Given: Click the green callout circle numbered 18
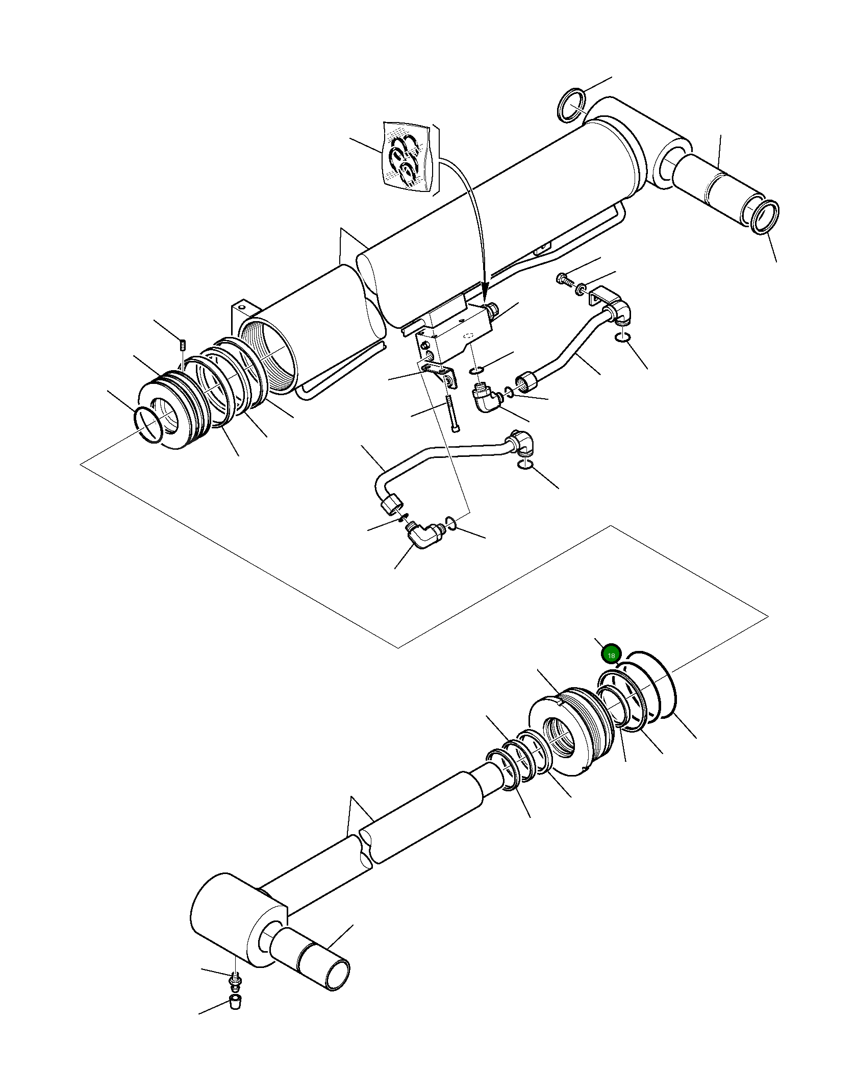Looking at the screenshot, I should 611,654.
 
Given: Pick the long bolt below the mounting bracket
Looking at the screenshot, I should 452,414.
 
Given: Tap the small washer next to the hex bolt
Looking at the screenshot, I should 581,290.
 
